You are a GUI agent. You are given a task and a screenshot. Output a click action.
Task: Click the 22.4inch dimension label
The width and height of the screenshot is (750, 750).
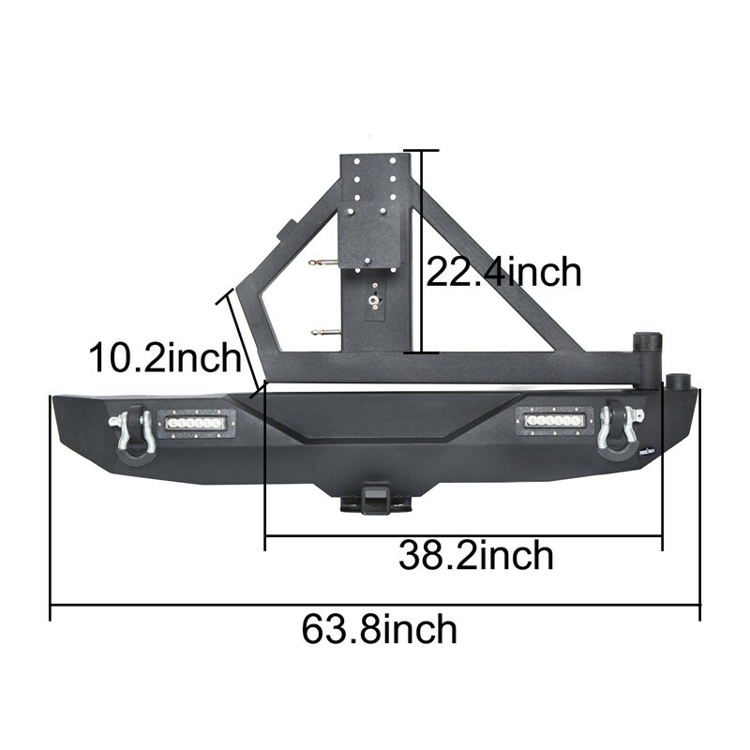coord(503,272)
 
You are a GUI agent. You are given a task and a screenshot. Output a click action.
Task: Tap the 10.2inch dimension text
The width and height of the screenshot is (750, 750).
coord(164,358)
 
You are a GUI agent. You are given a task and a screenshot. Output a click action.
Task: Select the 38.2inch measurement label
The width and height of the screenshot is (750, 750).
coord(475,556)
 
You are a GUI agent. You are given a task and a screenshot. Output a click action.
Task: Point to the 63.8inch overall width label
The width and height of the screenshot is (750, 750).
coord(380,628)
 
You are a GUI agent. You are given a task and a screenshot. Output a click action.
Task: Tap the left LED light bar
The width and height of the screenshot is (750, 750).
coord(196,424)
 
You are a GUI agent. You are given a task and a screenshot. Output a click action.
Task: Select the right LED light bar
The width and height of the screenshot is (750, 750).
coord(554,423)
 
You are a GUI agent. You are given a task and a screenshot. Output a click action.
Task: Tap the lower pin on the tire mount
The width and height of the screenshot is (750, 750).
coord(323,329)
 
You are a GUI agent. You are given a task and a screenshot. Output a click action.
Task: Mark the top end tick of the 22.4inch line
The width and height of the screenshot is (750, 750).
coord(422,150)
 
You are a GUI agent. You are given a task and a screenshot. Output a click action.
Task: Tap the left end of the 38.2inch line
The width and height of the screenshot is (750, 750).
coord(266,537)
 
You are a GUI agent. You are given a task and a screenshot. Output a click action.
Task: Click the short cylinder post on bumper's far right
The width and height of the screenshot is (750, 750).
coord(678,382)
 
